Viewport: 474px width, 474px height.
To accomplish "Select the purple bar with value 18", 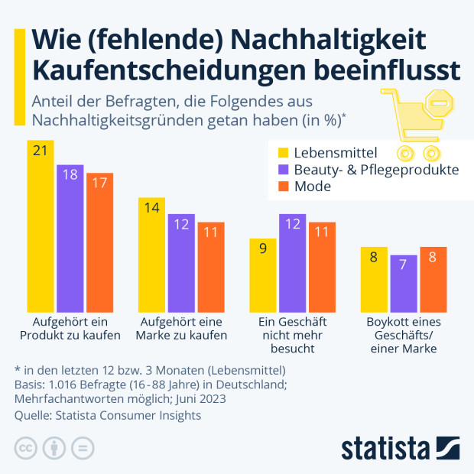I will (70, 237).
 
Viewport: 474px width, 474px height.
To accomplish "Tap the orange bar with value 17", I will (99, 242).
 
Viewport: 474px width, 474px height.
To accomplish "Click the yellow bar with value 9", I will (263, 274).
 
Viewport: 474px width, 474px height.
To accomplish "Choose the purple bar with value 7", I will (403, 283).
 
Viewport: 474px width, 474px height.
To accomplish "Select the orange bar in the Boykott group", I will (433, 278).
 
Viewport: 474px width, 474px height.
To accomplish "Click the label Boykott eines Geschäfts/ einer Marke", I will (404, 335).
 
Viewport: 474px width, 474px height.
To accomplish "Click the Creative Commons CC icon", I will (26, 447).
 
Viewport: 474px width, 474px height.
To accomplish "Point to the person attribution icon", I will (55, 447).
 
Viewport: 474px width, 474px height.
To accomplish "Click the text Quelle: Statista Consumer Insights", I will (108, 415).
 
